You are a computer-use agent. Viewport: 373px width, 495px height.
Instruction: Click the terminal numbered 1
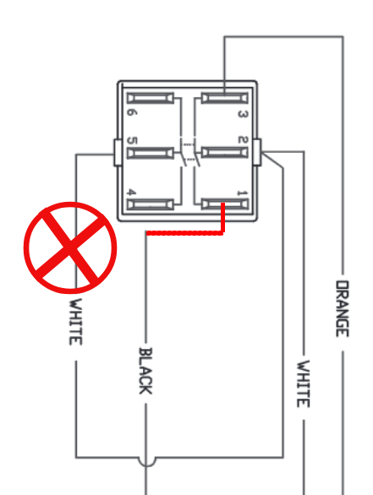225,204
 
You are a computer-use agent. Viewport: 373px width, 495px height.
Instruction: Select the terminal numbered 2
225,153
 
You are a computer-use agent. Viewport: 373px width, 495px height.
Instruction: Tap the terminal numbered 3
225,98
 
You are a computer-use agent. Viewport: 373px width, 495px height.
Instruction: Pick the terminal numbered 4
151,204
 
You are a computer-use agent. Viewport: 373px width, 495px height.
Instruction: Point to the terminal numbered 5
151,153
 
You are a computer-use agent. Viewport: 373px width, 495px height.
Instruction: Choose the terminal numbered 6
151,98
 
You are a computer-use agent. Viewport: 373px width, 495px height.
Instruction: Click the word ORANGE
343,309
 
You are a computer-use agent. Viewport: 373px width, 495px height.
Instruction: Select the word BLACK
145,371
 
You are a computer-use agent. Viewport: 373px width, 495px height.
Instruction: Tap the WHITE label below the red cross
76,322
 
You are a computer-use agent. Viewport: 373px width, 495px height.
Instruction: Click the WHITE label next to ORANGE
304,383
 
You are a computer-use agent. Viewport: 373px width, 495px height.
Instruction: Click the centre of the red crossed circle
70,247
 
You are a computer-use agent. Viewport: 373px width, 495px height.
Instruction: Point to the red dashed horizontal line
185,233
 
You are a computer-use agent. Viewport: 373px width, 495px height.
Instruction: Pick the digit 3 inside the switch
243,114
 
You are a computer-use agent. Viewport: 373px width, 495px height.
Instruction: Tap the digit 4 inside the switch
131,192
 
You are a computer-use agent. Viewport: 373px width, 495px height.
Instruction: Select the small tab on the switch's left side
118,152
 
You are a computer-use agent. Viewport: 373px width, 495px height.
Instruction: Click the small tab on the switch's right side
257,152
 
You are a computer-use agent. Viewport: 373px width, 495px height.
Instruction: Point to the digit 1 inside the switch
243,193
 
